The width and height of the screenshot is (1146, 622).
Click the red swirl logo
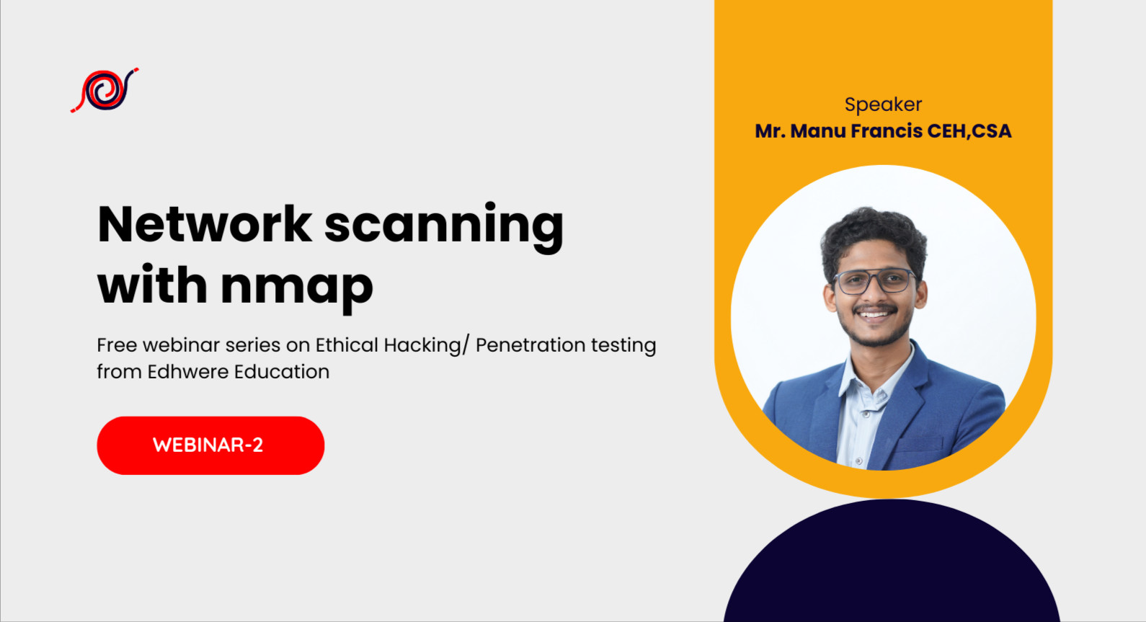tap(105, 90)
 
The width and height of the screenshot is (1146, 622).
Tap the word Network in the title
tap(204, 225)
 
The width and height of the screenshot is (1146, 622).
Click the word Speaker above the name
tap(883, 105)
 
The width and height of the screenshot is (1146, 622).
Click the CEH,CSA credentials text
tap(969, 131)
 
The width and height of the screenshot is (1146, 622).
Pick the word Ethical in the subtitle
tap(347, 345)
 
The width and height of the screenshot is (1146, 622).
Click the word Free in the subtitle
tap(117, 345)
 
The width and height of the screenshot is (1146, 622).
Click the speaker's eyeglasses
tap(874, 281)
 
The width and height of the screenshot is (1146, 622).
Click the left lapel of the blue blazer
tap(822, 404)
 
